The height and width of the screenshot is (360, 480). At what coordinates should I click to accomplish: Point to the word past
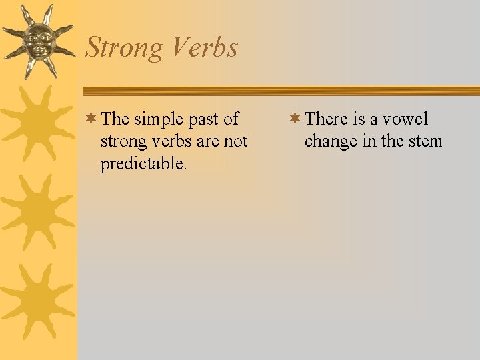[x=203, y=120]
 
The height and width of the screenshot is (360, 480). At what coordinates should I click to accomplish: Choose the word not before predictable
[x=235, y=141]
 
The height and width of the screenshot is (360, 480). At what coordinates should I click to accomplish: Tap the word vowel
[x=406, y=119]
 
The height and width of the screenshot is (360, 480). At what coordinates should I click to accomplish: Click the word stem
[x=426, y=141]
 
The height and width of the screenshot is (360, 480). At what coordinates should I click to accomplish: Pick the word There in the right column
[x=327, y=119]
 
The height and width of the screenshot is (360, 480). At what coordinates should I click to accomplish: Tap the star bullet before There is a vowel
[x=295, y=119]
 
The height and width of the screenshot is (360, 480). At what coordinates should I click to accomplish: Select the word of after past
[x=231, y=119]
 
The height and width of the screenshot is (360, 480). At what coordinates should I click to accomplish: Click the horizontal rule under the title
[x=280, y=91]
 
